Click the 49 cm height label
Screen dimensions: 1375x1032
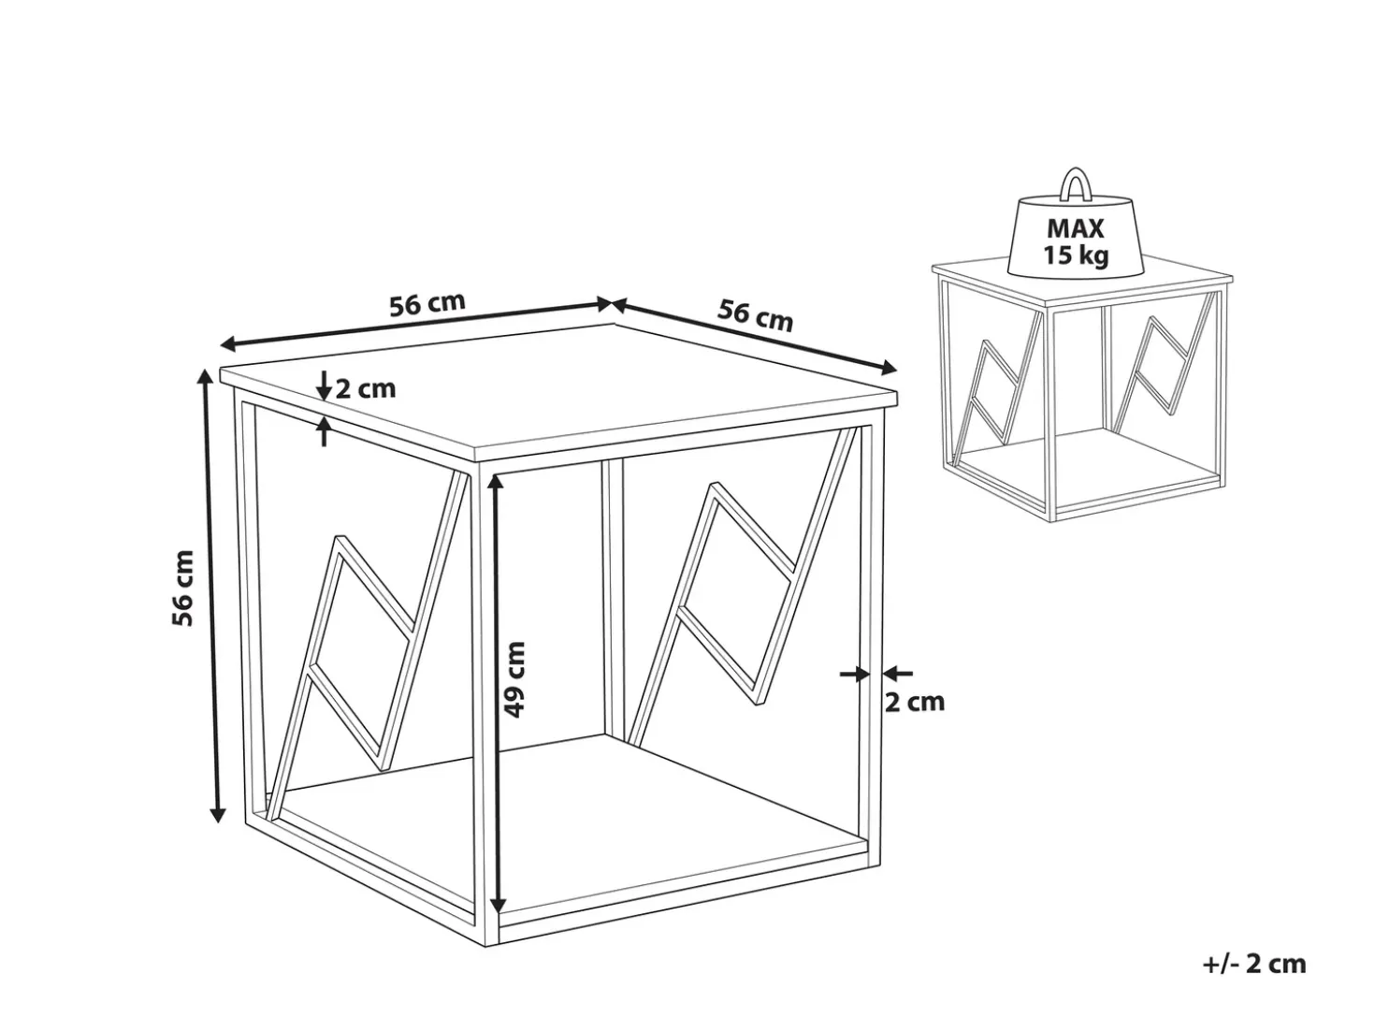pyautogui.click(x=515, y=679)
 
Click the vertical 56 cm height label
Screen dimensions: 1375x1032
pyautogui.click(x=182, y=589)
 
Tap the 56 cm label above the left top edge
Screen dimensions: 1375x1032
pyautogui.click(x=427, y=304)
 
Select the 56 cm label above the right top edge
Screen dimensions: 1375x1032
pyautogui.click(x=755, y=316)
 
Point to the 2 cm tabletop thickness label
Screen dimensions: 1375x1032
pyautogui.click(x=366, y=389)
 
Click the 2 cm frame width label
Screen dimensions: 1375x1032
pyautogui.click(x=914, y=703)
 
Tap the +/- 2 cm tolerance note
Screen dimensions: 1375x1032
pyautogui.click(x=1254, y=963)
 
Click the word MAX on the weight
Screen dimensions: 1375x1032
pyautogui.click(x=1075, y=228)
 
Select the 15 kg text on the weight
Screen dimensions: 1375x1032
pyautogui.click(x=1075, y=255)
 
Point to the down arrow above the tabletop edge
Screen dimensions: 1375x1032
pyautogui.click(x=324, y=385)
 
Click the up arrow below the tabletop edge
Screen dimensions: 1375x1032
pyautogui.click(x=324, y=431)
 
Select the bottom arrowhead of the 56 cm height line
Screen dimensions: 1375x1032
pyautogui.click(x=217, y=814)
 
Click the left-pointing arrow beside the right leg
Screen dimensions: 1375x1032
pyautogui.click(x=897, y=674)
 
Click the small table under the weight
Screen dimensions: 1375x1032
pyautogui.click(x=1082, y=389)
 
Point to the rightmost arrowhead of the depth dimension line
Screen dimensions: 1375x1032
pyautogui.click(x=889, y=368)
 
